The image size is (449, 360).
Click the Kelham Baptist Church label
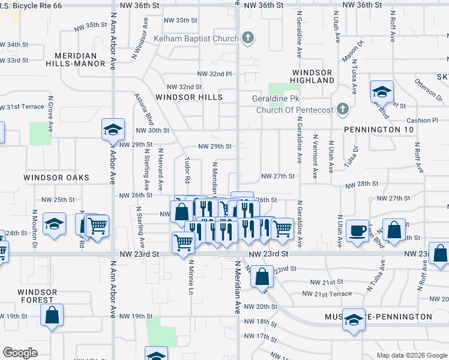(x=196, y=39)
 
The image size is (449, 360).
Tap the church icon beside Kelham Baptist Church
(x=247, y=39)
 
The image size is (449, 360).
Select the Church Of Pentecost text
(x=294, y=110)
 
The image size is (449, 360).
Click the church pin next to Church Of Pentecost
(x=342, y=109)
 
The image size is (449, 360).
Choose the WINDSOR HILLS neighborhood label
(x=188, y=97)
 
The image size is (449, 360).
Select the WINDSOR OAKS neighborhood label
(x=56, y=178)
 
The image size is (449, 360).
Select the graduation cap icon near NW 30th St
(x=112, y=130)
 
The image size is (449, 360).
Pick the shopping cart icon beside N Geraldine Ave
(x=282, y=228)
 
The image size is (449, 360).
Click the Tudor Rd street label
(x=187, y=171)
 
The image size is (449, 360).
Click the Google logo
(x=20, y=353)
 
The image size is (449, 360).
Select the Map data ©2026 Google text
(x=411, y=355)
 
